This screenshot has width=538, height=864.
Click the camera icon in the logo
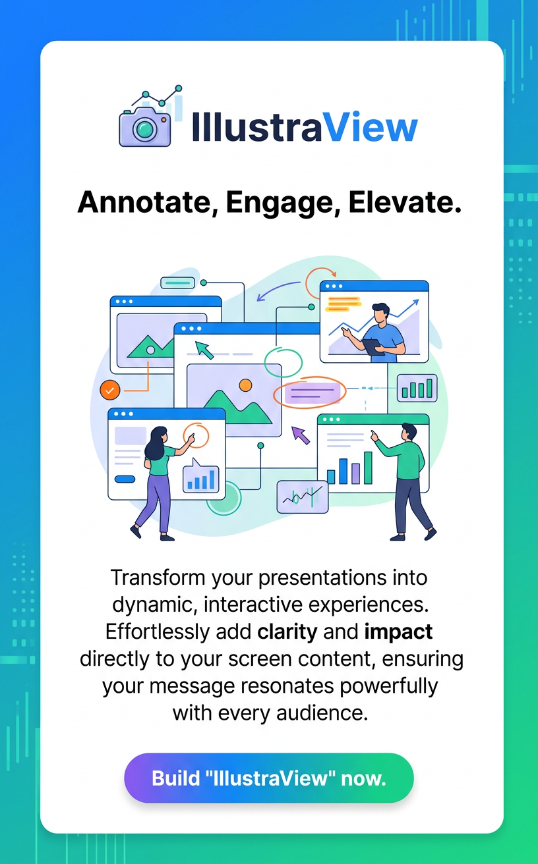point(144,126)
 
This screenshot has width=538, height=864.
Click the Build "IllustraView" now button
point(269,778)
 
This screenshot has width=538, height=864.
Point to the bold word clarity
point(287,632)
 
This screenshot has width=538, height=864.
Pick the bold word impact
point(398,632)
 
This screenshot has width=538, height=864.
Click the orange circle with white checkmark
point(109,389)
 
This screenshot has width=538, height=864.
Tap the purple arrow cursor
point(301,435)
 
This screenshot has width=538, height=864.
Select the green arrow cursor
point(204,350)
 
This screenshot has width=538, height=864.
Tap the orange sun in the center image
point(245,385)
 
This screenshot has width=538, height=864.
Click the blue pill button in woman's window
point(125,479)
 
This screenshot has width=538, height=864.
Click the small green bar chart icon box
point(417,389)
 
